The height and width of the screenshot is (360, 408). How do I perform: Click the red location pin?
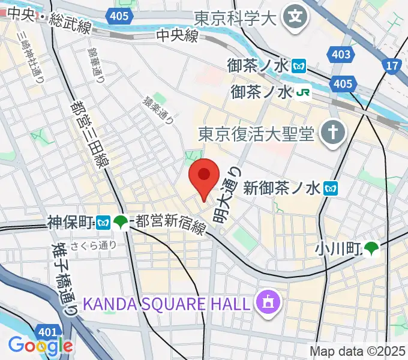coord(204,176)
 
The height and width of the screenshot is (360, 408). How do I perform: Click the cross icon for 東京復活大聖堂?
coord(331,132)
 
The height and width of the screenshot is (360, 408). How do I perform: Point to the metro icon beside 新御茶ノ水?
coord(330,189)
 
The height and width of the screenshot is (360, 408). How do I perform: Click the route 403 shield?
coord(341,55)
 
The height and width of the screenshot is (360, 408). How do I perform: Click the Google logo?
coord(40,345)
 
